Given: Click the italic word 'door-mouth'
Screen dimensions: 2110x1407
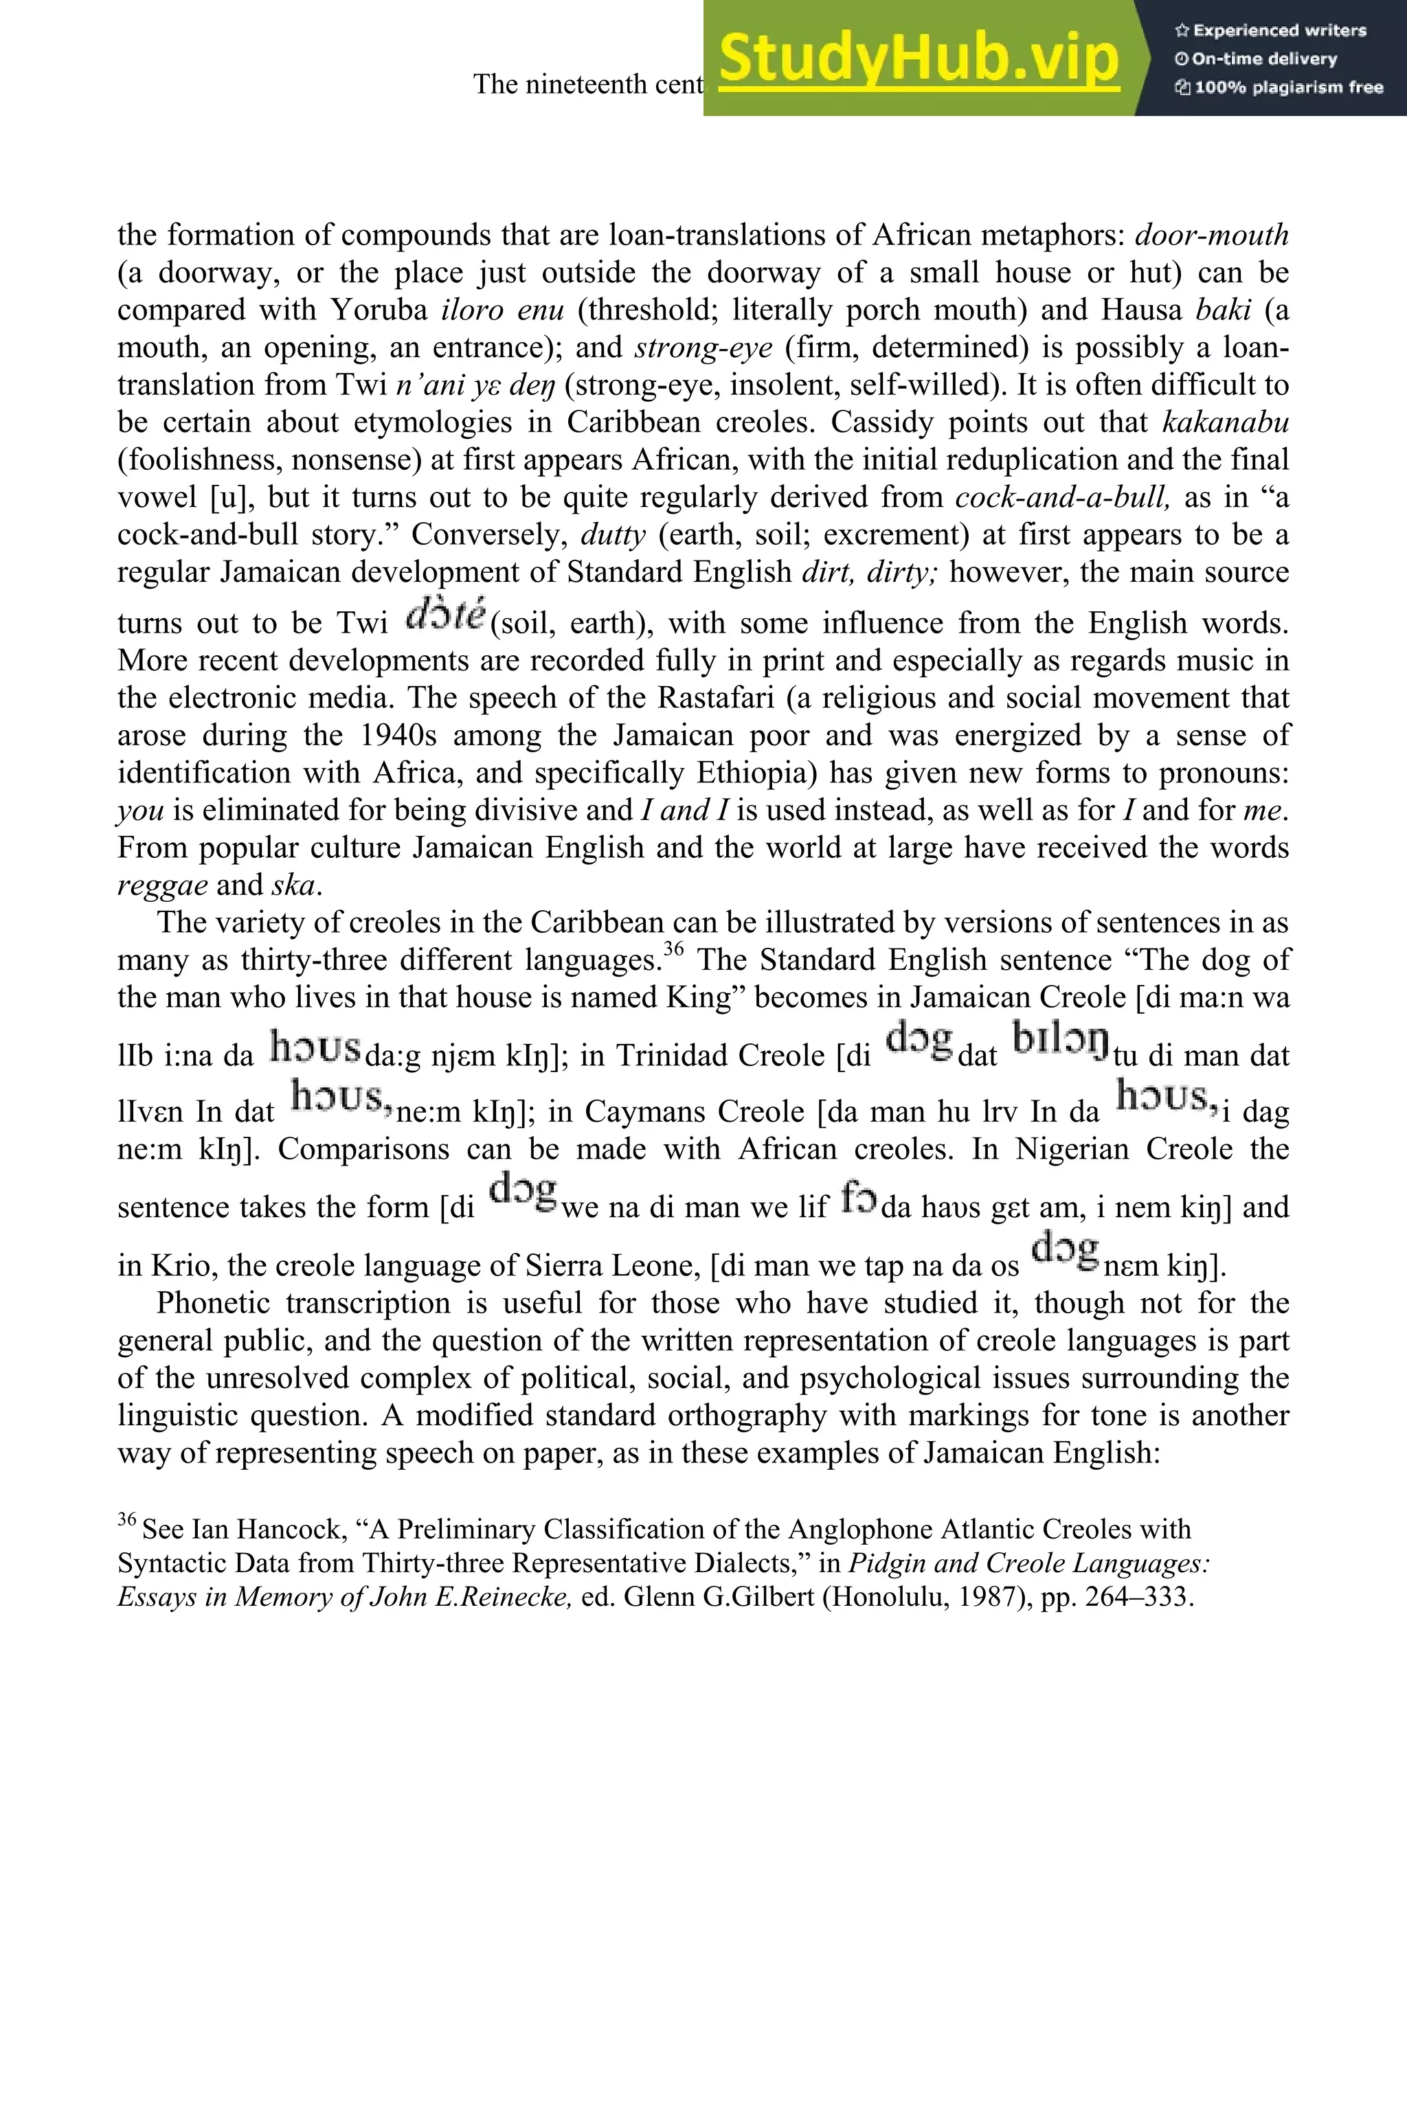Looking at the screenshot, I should [1211, 235].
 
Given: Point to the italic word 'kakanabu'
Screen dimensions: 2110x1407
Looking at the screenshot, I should [1225, 422].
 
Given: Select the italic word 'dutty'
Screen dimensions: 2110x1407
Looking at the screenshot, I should [613, 534].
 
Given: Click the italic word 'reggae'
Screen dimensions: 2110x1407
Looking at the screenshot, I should [162, 885].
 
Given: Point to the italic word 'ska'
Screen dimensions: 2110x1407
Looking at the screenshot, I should [293, 885].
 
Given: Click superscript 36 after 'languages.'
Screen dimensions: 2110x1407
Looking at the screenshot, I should [674, 950].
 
